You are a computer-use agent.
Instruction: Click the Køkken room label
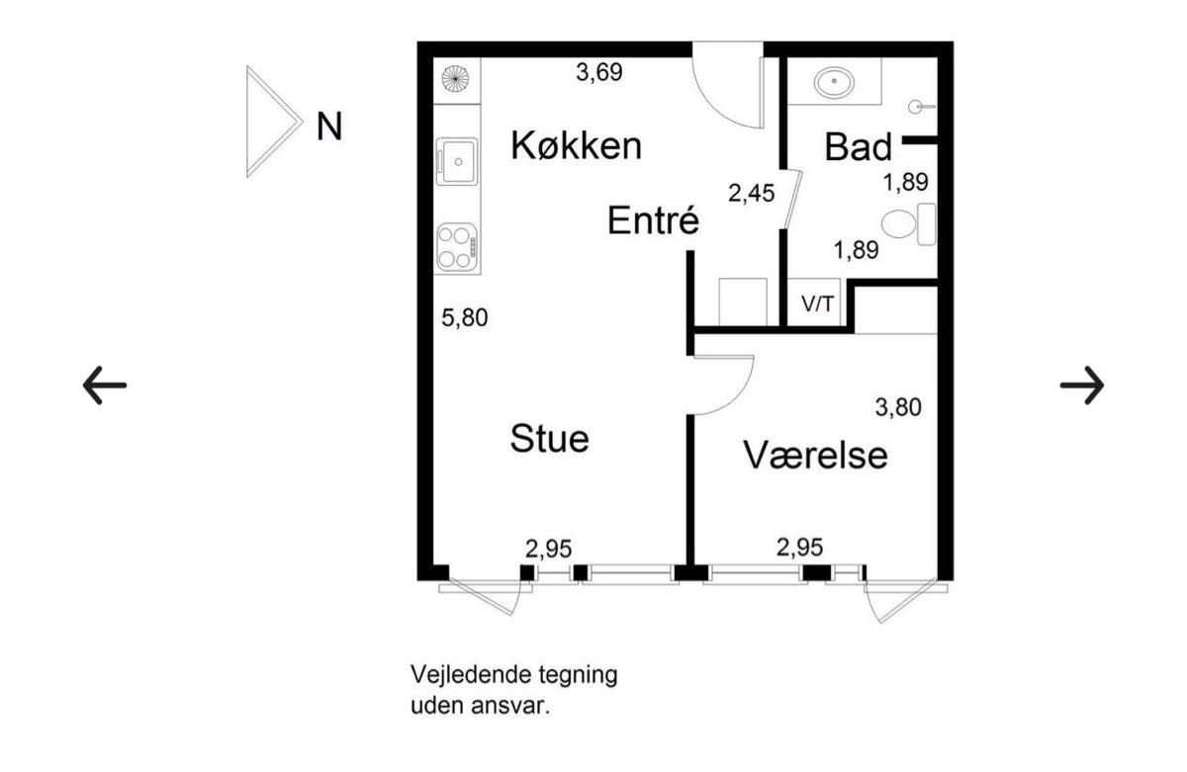pos(576,145)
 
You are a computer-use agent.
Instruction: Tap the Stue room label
pos(550,439)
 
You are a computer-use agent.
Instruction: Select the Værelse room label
pos(815,456)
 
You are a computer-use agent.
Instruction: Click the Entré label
pos(654,219)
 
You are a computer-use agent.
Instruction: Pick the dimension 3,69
pos(599,72)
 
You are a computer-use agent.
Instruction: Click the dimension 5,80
pos(465,317)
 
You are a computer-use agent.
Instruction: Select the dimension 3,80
pos(898,407)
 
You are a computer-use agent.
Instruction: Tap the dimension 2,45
pos(752,193)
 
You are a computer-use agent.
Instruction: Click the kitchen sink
pos(457,161)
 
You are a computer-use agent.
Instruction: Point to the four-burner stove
pos(457,247)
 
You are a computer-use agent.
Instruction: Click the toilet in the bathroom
pos(909,224)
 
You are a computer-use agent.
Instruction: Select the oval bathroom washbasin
pos(834,82)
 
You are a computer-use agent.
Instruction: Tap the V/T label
pos(818,304)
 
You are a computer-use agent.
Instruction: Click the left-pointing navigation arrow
pos(105,385)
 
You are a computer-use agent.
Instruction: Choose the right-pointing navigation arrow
pos(1082,385)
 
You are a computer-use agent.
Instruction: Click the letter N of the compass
pos(329,127)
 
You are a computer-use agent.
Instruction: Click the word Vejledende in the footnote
pos(471,675)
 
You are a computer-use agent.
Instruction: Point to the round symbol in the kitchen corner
pos(456,79)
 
